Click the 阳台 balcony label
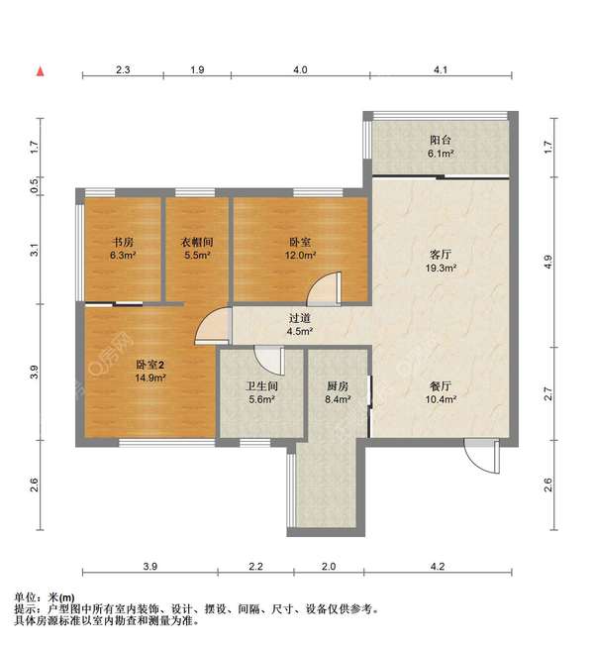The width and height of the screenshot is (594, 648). tap(441, 140)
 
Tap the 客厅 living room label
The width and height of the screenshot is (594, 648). tap(441, 254)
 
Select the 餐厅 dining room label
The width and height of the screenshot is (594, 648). tap(441, 385)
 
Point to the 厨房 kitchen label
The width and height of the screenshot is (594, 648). tap(337, 386)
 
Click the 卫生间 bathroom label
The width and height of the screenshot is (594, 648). tap(260, 386)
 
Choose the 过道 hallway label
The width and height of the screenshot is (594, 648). tap(299, 318)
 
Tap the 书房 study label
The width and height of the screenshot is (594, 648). tap(123, 241)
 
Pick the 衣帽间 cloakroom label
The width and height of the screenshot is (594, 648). tap(197, 241)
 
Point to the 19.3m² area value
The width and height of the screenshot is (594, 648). tap(441, 268)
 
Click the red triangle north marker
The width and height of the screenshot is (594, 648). tap(40, 71)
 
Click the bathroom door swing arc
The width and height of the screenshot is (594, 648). tap(264, 358)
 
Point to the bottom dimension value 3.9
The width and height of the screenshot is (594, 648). tap(149, 567)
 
